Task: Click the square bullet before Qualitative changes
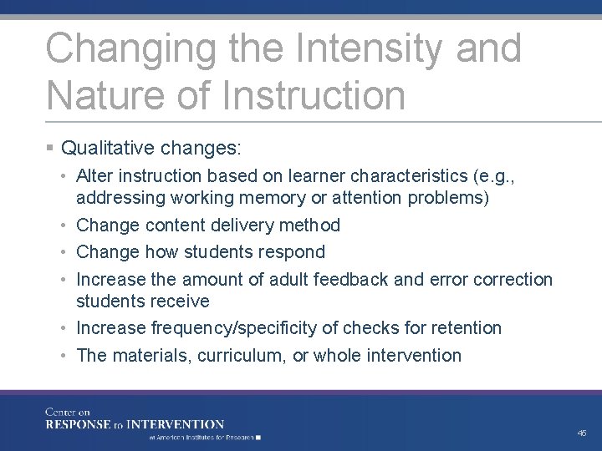[51, 149]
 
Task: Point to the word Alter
[94, 176]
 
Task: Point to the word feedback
[355, 279]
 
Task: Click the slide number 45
[581, 432]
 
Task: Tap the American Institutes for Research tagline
[205, 437]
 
